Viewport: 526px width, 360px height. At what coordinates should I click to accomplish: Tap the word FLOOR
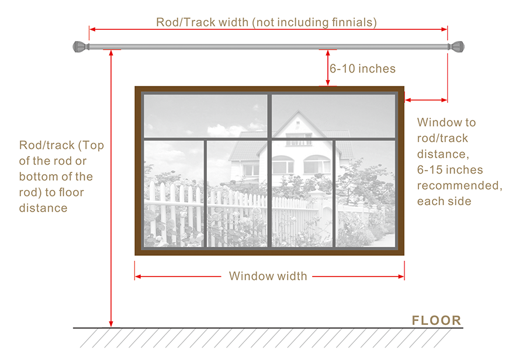click(436, 320)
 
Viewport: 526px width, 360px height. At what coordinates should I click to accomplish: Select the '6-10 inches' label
click(362, 69)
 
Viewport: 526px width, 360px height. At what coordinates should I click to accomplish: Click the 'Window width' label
click(268, 276)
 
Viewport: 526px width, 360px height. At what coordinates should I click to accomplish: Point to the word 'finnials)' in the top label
click(351, 22)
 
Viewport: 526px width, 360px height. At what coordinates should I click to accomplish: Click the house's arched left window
click(283, 165)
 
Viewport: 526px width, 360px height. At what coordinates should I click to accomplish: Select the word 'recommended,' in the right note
click(459, 185)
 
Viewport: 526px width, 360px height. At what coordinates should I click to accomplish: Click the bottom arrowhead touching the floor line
click(110, 323)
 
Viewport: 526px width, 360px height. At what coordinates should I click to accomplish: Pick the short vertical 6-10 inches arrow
click(327, 68)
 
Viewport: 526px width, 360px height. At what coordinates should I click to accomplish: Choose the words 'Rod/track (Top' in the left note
click(61, 146)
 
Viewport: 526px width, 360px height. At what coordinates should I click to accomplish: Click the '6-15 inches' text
click(450, 170)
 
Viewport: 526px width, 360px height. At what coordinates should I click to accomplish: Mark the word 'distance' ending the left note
click(43, 207)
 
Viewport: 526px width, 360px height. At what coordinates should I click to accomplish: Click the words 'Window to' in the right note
click(447, 123)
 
